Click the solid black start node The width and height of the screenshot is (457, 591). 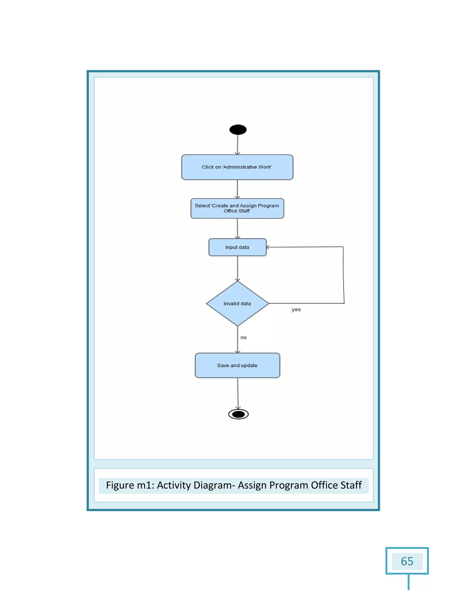click(x=238, y=130)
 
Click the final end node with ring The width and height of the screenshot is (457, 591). click(x=238, y=414)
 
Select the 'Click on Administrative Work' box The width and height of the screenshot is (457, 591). click(x=237, y=167)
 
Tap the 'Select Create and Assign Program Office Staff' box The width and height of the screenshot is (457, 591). click(x=237, y=208)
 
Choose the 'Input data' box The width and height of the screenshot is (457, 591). click(x=237, y=247)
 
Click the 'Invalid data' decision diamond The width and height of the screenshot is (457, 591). click(x=237, y=304)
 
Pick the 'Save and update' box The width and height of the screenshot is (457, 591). click(x=237, y=365)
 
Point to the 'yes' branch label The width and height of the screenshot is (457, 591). click(x=296, y=310)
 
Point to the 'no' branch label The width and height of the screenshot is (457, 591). click(x=243, y=337)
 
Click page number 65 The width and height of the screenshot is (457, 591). click(x=407, y=561)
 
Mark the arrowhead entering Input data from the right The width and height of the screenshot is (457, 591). click(x=268, y=247)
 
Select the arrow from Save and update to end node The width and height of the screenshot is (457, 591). click(x=238, y=394)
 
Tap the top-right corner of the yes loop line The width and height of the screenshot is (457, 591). click(x=343, y=247)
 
